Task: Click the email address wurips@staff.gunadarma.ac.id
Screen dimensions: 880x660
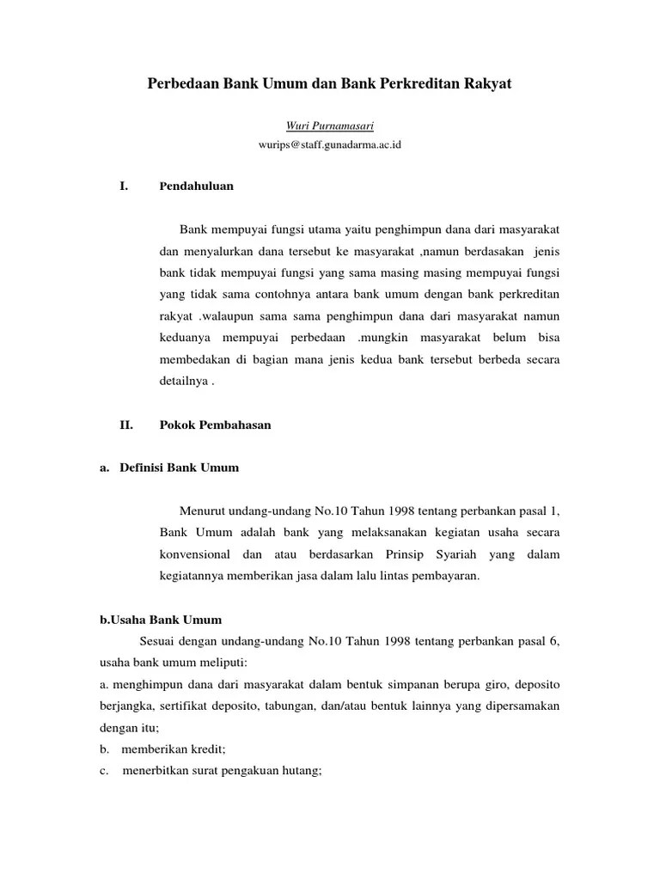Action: coord(330,145)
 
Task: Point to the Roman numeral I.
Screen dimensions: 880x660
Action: coord(123,186)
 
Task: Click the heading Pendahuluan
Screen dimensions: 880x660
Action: coord(197,186)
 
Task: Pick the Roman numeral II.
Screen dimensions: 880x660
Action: coord(125,425)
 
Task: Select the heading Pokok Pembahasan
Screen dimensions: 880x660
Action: coord(215,425)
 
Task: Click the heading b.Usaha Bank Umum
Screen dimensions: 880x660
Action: coord(161,619)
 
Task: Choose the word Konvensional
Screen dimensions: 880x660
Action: coord(200,555)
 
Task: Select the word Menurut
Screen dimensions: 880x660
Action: coord(203,512)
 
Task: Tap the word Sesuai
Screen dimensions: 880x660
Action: coord(158,641)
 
